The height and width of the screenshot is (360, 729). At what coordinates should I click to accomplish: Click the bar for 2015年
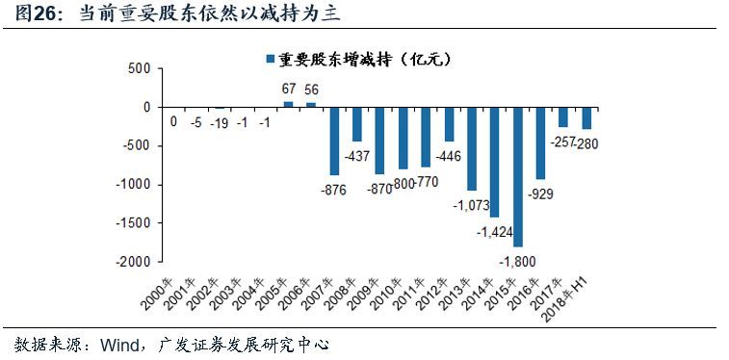pos(517,176)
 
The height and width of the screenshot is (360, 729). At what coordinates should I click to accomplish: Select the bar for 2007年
pos(333,141)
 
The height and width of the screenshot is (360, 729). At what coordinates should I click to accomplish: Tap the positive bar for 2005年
pos(287,104)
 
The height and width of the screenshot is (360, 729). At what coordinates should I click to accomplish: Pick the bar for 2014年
pos(494,162)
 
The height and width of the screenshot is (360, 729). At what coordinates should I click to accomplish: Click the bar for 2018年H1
pos(586,117)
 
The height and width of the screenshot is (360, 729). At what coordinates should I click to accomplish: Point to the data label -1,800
pos(518,259)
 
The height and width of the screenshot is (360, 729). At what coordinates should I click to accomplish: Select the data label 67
pos(287,89)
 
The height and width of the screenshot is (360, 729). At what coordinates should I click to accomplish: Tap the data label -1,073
pos(471,204)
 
